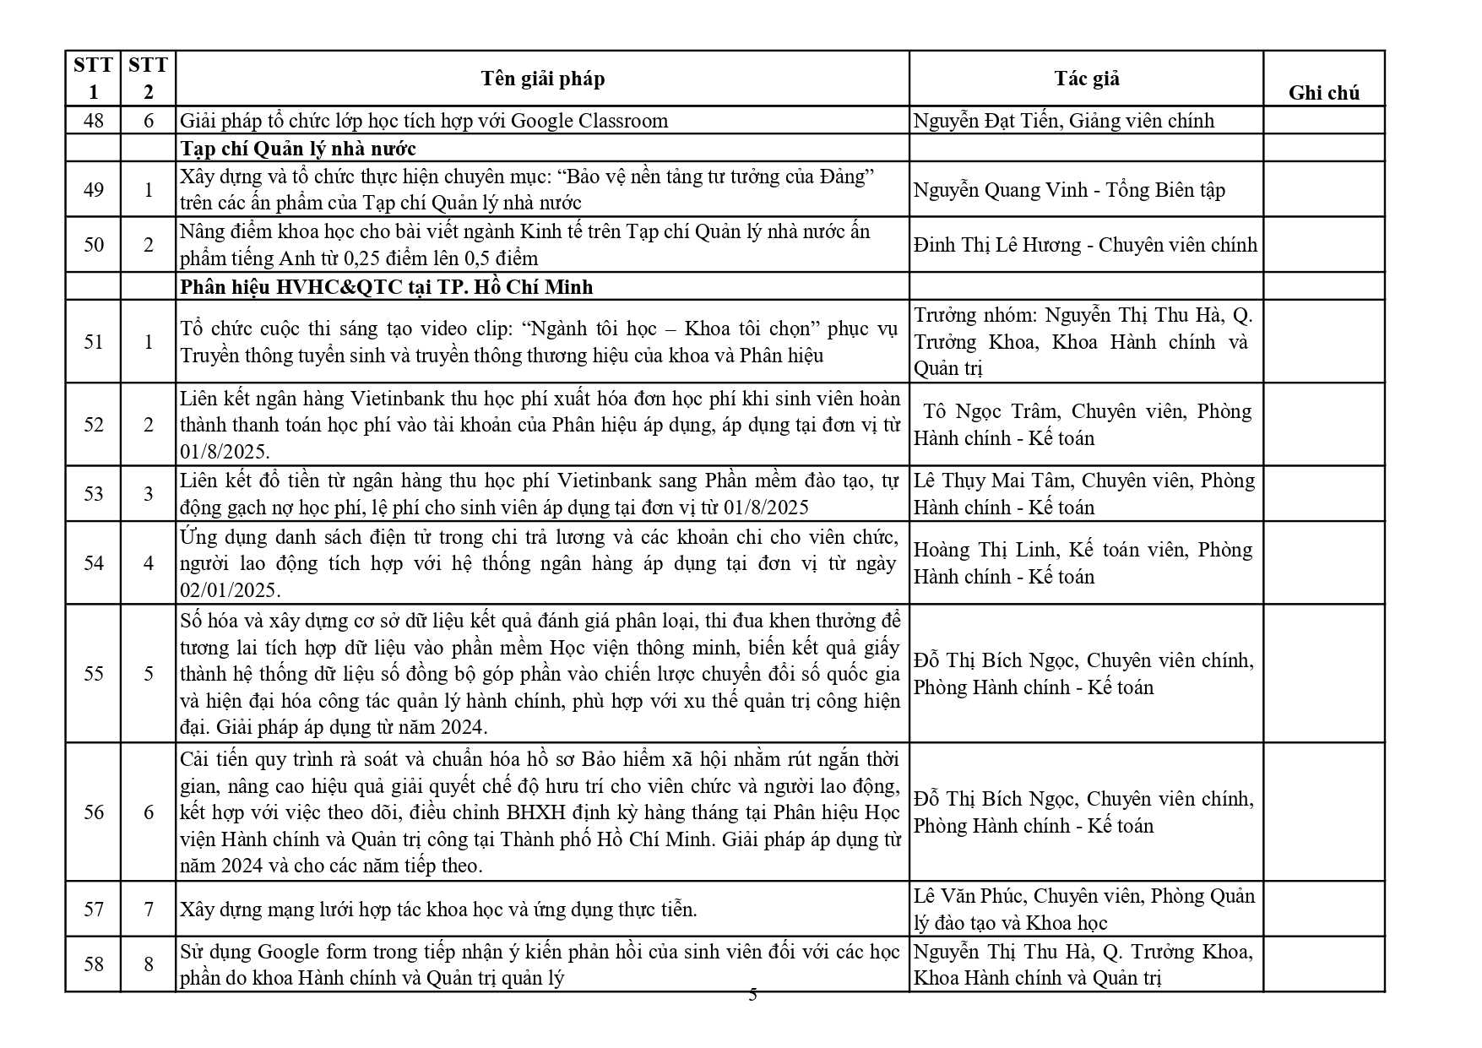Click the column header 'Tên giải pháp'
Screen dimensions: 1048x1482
point(542,79)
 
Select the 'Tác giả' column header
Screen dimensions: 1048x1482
point(1086,79)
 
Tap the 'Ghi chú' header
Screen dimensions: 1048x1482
point(1323,93)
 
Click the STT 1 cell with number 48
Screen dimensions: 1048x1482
point(93,121)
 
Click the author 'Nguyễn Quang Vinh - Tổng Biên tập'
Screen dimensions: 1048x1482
point(1068,190)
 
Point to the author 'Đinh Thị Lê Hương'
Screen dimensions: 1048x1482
point(996,245)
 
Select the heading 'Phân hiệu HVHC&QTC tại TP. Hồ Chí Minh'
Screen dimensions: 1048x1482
point(386,287)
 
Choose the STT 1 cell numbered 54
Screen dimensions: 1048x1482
point(93,563)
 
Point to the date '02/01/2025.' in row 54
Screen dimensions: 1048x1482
point(230,590)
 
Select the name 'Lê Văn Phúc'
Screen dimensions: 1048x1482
point(969,896)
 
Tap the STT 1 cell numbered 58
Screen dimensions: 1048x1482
point(93,964)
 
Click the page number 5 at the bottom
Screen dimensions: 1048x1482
point(752,996)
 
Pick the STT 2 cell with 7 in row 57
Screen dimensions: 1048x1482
point(149,910)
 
